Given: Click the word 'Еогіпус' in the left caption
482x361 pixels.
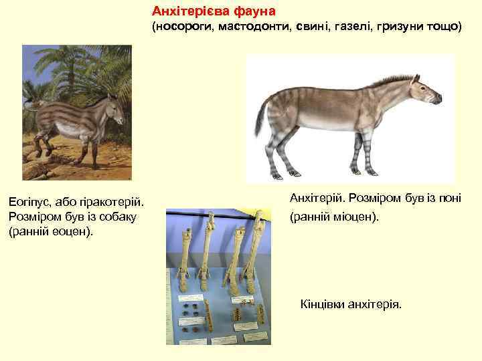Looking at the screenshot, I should coord(27,201).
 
